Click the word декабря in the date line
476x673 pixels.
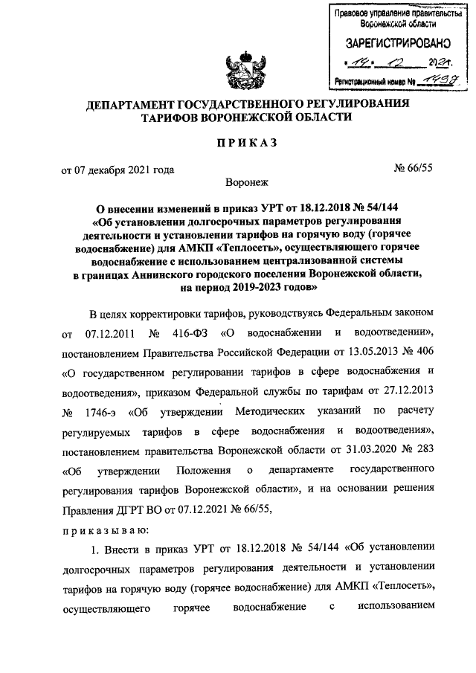click(x=110, y=170)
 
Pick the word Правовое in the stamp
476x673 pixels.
click(x=352, y=13)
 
